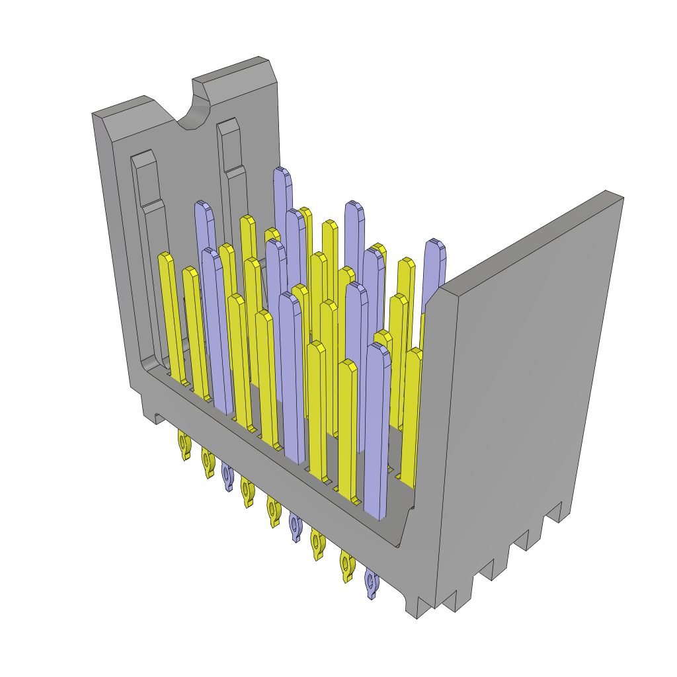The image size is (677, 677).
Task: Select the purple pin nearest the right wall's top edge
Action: tap(434, 248)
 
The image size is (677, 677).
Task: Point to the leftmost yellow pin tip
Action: tap(165, 258)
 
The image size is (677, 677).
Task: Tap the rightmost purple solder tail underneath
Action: tap(372, 584)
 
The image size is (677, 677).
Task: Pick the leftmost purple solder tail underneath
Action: tap(227, 476)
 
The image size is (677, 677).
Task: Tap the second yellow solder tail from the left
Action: tap(208, 461)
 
